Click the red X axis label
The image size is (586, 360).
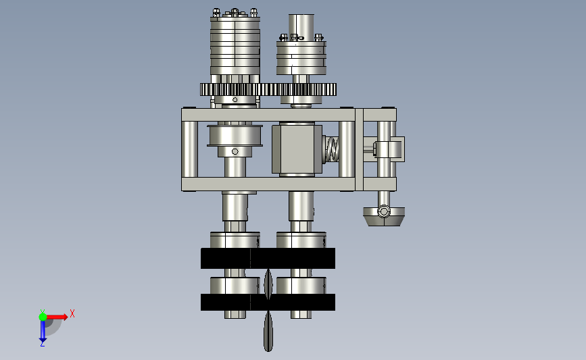pyautogui.click(x=72, y=313)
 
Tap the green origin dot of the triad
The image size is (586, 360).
pyautogui.click(x=43, y=317)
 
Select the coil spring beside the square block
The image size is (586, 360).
pyautogui.click(x=331, y=149)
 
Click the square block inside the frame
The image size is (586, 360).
pyautogui.click(x=297, y=149)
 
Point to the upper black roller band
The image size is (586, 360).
pyautogui.click(x=268, y=259)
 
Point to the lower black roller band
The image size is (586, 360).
pyautogui.click(x=268, y=302)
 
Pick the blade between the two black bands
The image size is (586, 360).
pyautogui.click(x=268, y=284)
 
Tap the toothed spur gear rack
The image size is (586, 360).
pyautogui.click(x=268, y=90)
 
